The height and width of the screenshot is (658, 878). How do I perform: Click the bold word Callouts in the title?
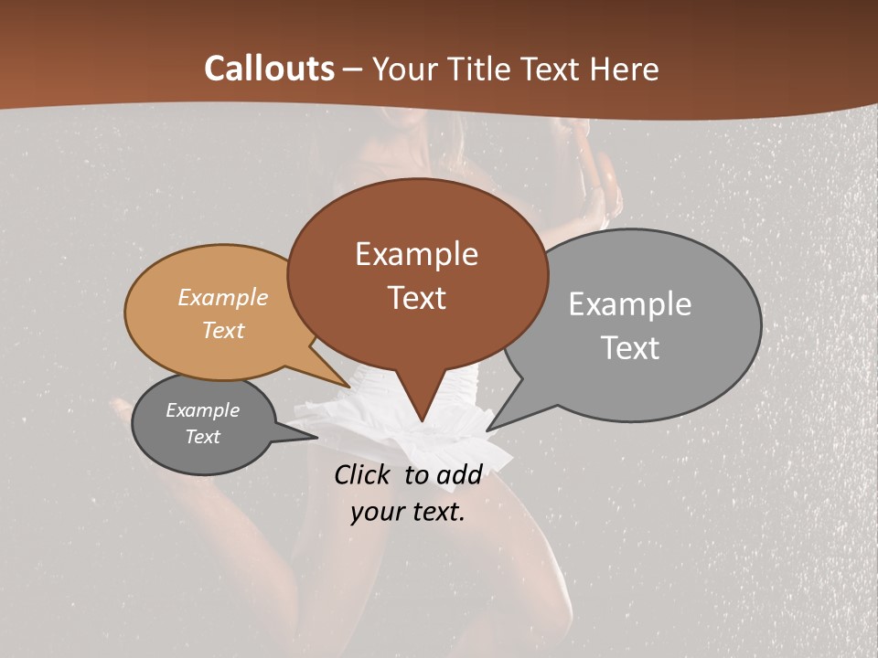pyautogui.click(x=269, y=69)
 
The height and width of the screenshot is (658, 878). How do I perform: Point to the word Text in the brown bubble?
pyautogui.click(x=416, y=297)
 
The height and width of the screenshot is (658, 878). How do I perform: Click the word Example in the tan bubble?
pyautogui.click(x=222, y=297)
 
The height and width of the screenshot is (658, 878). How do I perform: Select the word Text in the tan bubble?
pyautogui.click(x=222, y=330)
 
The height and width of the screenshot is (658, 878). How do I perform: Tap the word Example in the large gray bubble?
pyautogui.click(x=629, y=303)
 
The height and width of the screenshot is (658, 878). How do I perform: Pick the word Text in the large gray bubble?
pyautogui.click(x=629, y=347)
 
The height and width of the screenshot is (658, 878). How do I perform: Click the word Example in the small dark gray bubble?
pyautogui.click(x=202, y=410)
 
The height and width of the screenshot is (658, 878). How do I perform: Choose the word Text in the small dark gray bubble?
pyautogui.click(x=202, y=437)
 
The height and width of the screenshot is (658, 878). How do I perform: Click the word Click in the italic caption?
pyautogui.click(x=364, y=474)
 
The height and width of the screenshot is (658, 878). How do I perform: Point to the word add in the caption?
pyautogui.click(x=458, y=474)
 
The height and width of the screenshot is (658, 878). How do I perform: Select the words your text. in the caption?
pyautogui.click(x=408, y=512)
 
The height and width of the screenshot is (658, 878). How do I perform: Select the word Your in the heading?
pyautogui.click(x=403, y=69)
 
